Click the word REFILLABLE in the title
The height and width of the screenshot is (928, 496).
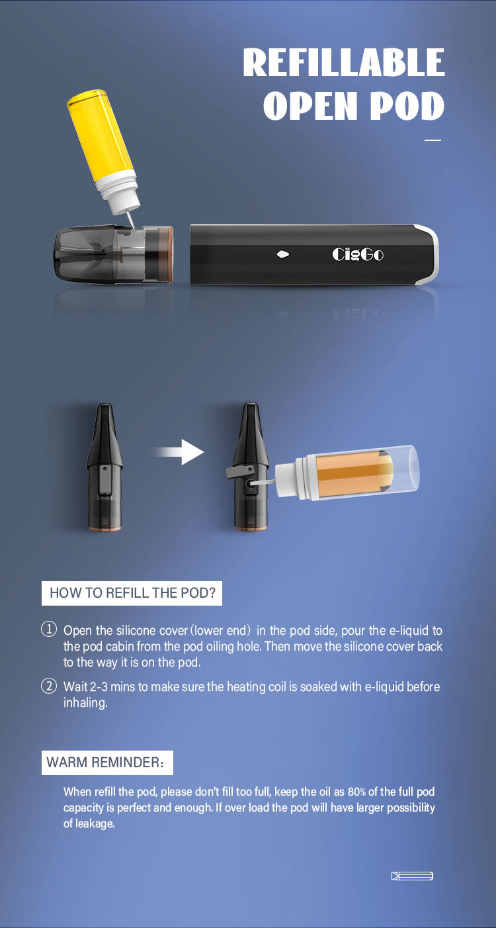[344, 62]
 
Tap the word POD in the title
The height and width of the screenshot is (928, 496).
[407, 106]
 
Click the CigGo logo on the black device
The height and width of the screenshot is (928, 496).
[358, 254]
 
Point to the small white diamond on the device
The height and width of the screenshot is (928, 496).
[283, 254]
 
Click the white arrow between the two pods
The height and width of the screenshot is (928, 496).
[178, 452]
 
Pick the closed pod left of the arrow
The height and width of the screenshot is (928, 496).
[104, 467]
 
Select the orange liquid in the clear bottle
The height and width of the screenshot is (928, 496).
[354, 473]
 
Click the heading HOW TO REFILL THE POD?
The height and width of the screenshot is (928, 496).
[132, 593]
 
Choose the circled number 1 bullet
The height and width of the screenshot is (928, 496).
[49, 629]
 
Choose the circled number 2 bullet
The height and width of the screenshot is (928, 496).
[49, 686]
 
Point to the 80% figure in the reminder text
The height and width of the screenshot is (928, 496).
[356, 792]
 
